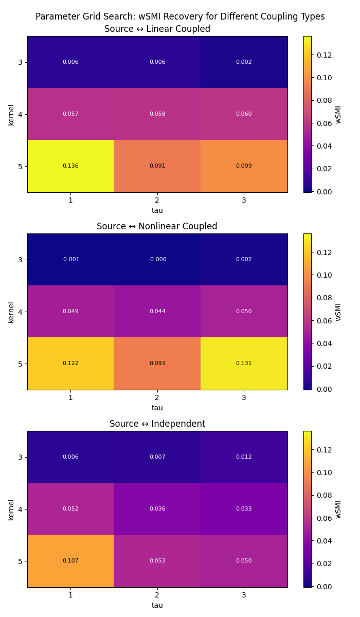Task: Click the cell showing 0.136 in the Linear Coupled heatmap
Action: tap(70, 166)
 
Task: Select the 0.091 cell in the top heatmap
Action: tap(157, 166)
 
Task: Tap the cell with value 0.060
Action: tap(244, 114)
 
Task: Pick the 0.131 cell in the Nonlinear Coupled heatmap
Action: tap(244, 364)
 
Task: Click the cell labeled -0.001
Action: tap(70, 260)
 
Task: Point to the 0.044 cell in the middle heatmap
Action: tap(157, 312)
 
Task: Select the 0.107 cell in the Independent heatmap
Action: tap(70, 561)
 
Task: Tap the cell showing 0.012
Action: tap(244, 457)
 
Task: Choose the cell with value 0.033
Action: tap(244, 509)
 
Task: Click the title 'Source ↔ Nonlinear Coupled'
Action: tap(157, 226)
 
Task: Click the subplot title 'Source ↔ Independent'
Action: tap(157, 424)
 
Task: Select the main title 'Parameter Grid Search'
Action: tap(180, 16)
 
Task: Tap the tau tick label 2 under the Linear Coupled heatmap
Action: tap(157, 200)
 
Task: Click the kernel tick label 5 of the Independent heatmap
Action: tap(19, 561)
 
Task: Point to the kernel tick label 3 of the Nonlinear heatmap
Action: tap(19, 260)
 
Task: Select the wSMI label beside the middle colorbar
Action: tap(338, 312)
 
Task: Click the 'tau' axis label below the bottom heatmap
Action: tap(157, 605)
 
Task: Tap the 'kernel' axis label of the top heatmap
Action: tap(11, 114)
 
